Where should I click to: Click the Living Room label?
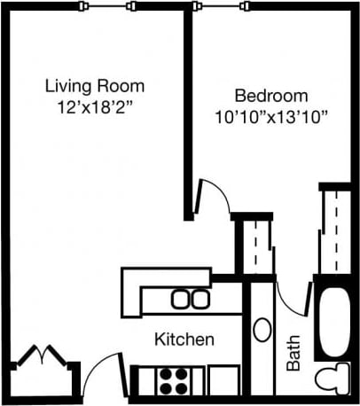94,86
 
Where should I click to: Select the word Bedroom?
271,96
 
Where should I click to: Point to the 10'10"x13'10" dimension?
271,115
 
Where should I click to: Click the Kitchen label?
184,340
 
